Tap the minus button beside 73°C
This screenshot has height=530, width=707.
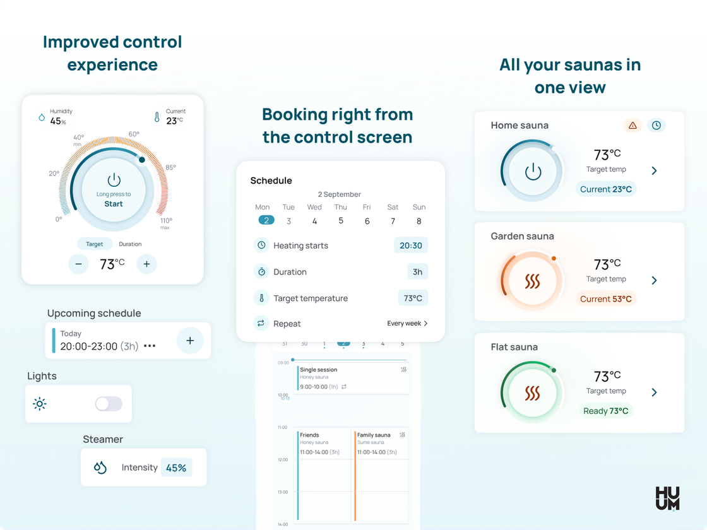point(78,264)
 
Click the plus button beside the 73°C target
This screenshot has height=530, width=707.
point(146,264)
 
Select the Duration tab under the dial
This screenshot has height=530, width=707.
point(130,244)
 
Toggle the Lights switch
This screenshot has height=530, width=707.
point(109,404)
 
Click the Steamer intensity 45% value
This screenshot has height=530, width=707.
point(176,468)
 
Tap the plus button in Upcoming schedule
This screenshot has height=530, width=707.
point(190,340)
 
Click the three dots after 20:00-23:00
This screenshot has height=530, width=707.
point(150,346)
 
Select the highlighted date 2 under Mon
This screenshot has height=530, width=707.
point(266,220)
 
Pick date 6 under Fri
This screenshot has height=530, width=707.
point(367,221)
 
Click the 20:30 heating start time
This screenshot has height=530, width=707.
point(411,245)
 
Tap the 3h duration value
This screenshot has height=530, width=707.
point(417,272)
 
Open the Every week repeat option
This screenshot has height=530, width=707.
point(407,323)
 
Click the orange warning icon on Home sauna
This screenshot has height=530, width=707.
point(633,126)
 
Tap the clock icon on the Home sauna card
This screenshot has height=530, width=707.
point(656,126)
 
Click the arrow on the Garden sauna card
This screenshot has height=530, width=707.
point(654,280)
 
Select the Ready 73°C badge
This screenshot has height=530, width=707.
point(605,411)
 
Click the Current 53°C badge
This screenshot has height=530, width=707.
point(605,299)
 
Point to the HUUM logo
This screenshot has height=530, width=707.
point(667,498)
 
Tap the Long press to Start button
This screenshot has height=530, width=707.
point(114,190)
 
